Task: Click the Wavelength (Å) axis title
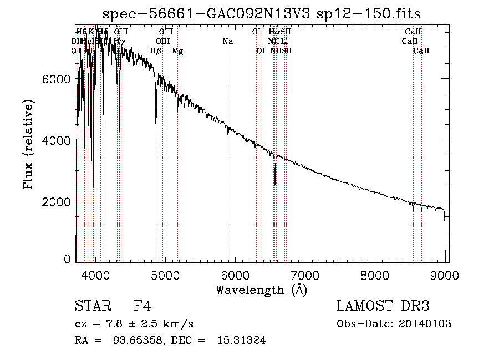click(x=261, y=289)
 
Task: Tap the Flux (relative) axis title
click(x=28, y=145)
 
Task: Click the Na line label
click(x=227, y=42)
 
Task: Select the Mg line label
click(x=177, y=51)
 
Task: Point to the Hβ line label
click(x=155, y=51)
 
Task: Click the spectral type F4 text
click(x=142, y=306)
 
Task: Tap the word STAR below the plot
click(x=90, y=306)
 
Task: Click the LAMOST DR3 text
click(x=383, y=306)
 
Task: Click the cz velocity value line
click(x=134, y=323)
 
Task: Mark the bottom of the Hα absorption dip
click(x=275, y=185)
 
